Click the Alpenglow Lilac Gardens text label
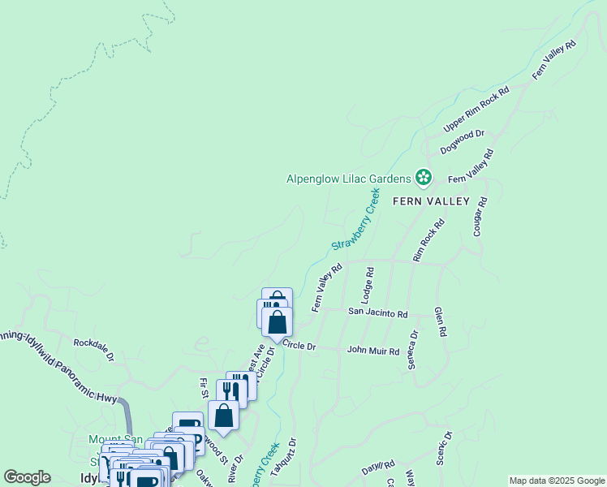click(349, 179)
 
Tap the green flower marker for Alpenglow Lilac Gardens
click(423, 177)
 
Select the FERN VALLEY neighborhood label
click(430, 200)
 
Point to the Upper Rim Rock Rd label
click(476, 110)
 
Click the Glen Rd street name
click(440, 322)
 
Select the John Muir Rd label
click(373, 351)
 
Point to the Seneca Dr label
click(413, 350)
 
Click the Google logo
click(28, 477)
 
